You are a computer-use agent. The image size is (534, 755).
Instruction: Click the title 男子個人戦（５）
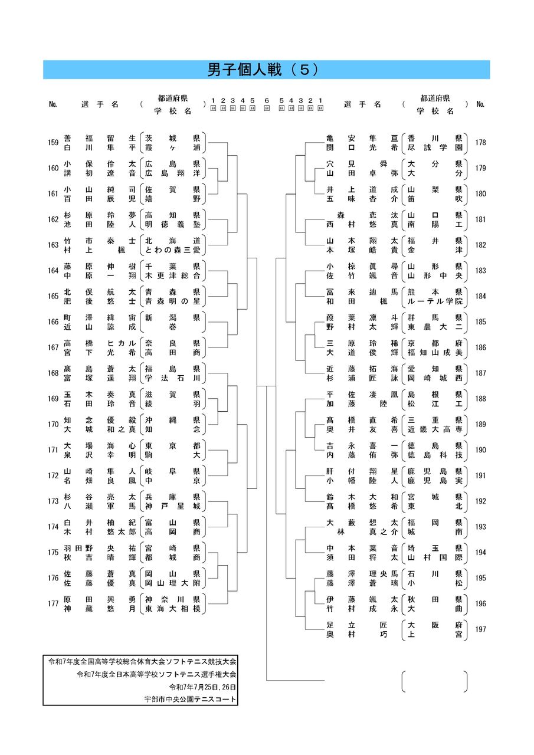pos(266,70)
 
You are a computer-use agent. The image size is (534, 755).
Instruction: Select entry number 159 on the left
pos(53,142)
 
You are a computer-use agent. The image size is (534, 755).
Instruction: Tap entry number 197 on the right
pos(480,629)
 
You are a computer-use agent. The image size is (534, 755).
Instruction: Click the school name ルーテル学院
pos(434,301)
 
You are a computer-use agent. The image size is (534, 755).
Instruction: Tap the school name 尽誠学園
pos(434,147)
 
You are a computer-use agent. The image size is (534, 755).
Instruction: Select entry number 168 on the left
pos(53,373)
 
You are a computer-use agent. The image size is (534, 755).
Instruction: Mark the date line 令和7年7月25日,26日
pos(202,687)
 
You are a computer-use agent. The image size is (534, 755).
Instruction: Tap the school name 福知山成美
pos(434,352)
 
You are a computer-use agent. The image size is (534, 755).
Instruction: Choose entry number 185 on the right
pos(480,322)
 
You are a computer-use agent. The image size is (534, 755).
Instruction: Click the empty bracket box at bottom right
pos(434,681)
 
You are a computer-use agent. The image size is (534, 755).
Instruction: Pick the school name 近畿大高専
pos(434,429)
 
